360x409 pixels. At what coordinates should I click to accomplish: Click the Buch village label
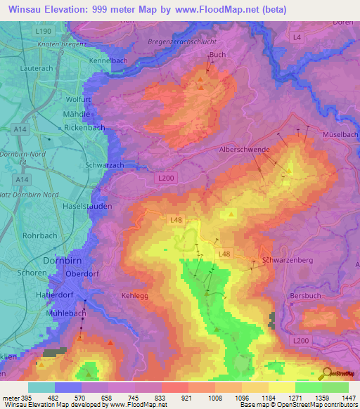[x=217, y=54]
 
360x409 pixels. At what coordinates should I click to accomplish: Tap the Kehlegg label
[x=135, y=296]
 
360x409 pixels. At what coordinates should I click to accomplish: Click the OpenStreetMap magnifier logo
[x=326, y=373]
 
